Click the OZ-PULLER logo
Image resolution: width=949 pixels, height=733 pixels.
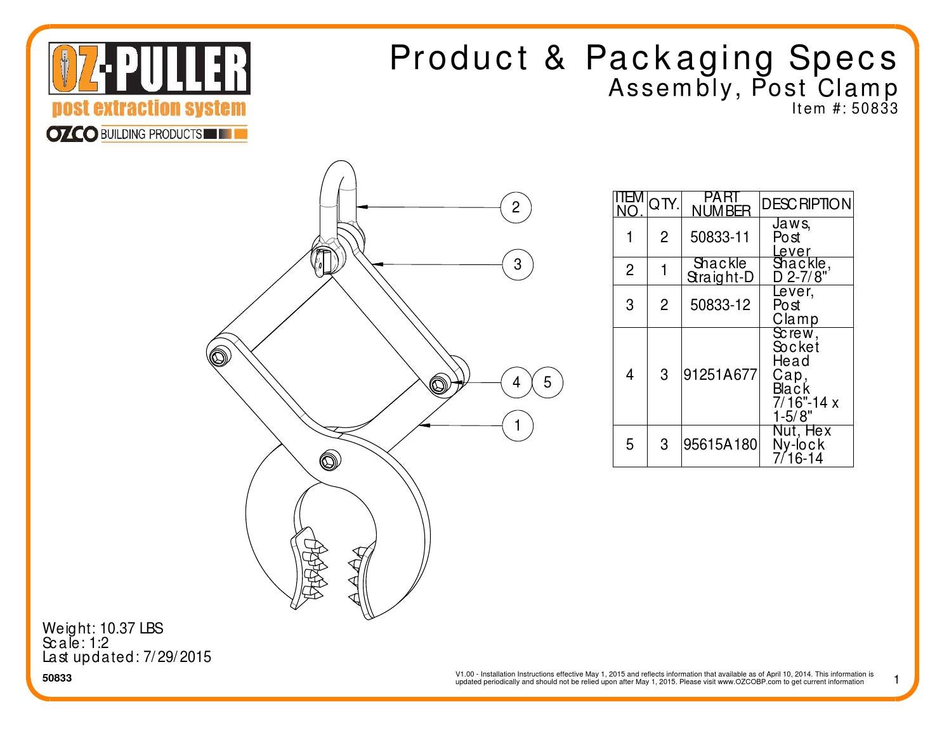(150, 68)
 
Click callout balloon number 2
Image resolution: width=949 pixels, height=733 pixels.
(516, 207)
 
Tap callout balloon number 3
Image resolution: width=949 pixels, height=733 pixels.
(518, 264)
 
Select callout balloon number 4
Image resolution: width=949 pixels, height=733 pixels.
(516, 382)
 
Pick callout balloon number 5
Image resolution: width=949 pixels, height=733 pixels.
(547, 382)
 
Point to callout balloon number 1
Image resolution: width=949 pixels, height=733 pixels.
(518, 425)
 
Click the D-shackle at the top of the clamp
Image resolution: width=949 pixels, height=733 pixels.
(339, 190)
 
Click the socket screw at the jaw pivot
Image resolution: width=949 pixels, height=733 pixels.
(329, 461)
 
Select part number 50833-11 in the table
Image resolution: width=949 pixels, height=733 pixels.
(720, 237)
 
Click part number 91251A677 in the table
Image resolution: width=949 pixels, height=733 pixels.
(720, 375)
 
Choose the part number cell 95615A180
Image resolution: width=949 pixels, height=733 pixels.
(720, 444)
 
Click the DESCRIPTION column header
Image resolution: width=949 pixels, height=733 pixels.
(806, 204)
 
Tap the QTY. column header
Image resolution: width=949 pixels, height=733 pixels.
(664, 204)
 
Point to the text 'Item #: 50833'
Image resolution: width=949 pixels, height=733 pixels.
(844, 108)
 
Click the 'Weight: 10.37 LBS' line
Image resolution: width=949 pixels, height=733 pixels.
(103, 628)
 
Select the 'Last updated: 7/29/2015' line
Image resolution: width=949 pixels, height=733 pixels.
(126, 657)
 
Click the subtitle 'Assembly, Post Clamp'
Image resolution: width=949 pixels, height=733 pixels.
(753, 88)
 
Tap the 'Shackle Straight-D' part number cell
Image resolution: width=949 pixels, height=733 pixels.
(720, 270)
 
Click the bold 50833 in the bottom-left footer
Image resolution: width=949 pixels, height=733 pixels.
(57, 678)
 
